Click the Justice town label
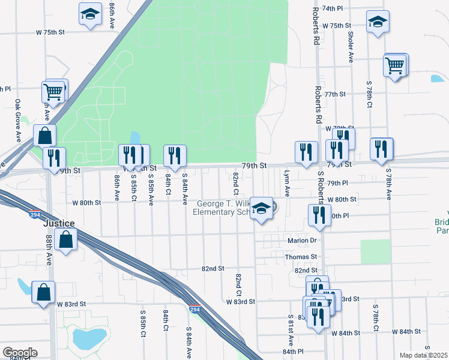(59, 223)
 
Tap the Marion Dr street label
(301, 241)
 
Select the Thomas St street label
(301, 256)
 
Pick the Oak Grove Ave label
(18, 120)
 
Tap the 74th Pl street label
(349, 9)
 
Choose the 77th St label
(335, 94)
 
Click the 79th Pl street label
(338, 183)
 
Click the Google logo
(20, 352)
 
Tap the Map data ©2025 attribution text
(424, 355)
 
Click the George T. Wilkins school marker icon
(261, 208)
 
